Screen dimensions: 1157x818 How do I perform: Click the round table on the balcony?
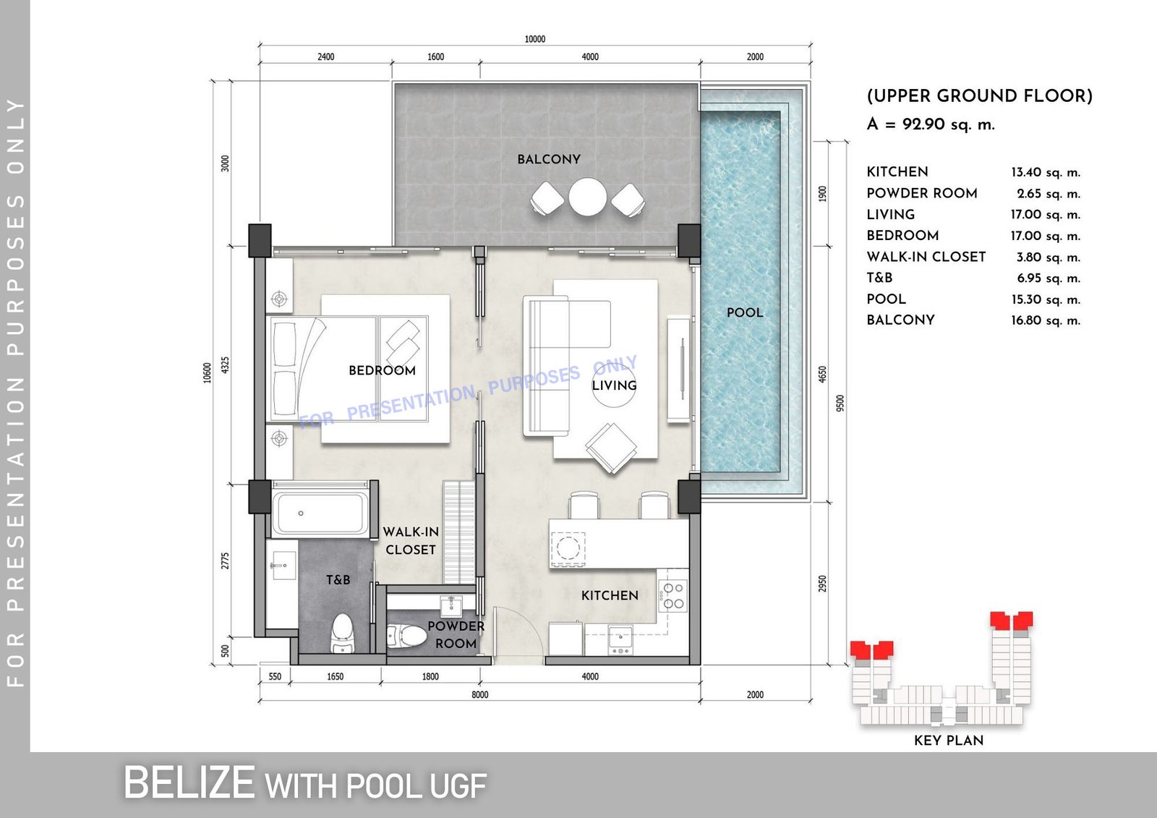coord(588,197)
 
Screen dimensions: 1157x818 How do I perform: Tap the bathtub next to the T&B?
coord(320,514)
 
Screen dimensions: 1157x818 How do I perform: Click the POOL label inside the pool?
coord(744,312)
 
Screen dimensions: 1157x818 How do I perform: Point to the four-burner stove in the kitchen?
coord(673,596)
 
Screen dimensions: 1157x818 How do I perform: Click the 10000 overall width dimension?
coord(534,39)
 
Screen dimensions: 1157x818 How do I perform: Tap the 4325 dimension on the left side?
coord(225,365)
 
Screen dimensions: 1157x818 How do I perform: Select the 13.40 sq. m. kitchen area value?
coord(1046,172)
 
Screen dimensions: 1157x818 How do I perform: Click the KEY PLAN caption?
coord(948,741)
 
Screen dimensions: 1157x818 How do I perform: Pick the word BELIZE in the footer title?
coord(189,783)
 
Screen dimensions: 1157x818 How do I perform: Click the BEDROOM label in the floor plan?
coord(382,370)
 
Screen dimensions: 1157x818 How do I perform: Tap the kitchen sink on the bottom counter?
coord(620,639)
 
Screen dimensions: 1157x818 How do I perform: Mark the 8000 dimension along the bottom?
coord(479,694)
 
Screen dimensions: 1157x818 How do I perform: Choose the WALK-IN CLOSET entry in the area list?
coord(926,257)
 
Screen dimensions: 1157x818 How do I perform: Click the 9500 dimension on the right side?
coord(840,403)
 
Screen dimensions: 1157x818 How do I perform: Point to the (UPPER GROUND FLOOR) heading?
coord(979,96)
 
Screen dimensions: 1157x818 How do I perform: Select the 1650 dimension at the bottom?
coord(336,676)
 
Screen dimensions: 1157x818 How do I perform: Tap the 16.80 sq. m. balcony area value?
coord(1046,320)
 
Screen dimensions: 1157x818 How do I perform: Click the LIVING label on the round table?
coord(614,385)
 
